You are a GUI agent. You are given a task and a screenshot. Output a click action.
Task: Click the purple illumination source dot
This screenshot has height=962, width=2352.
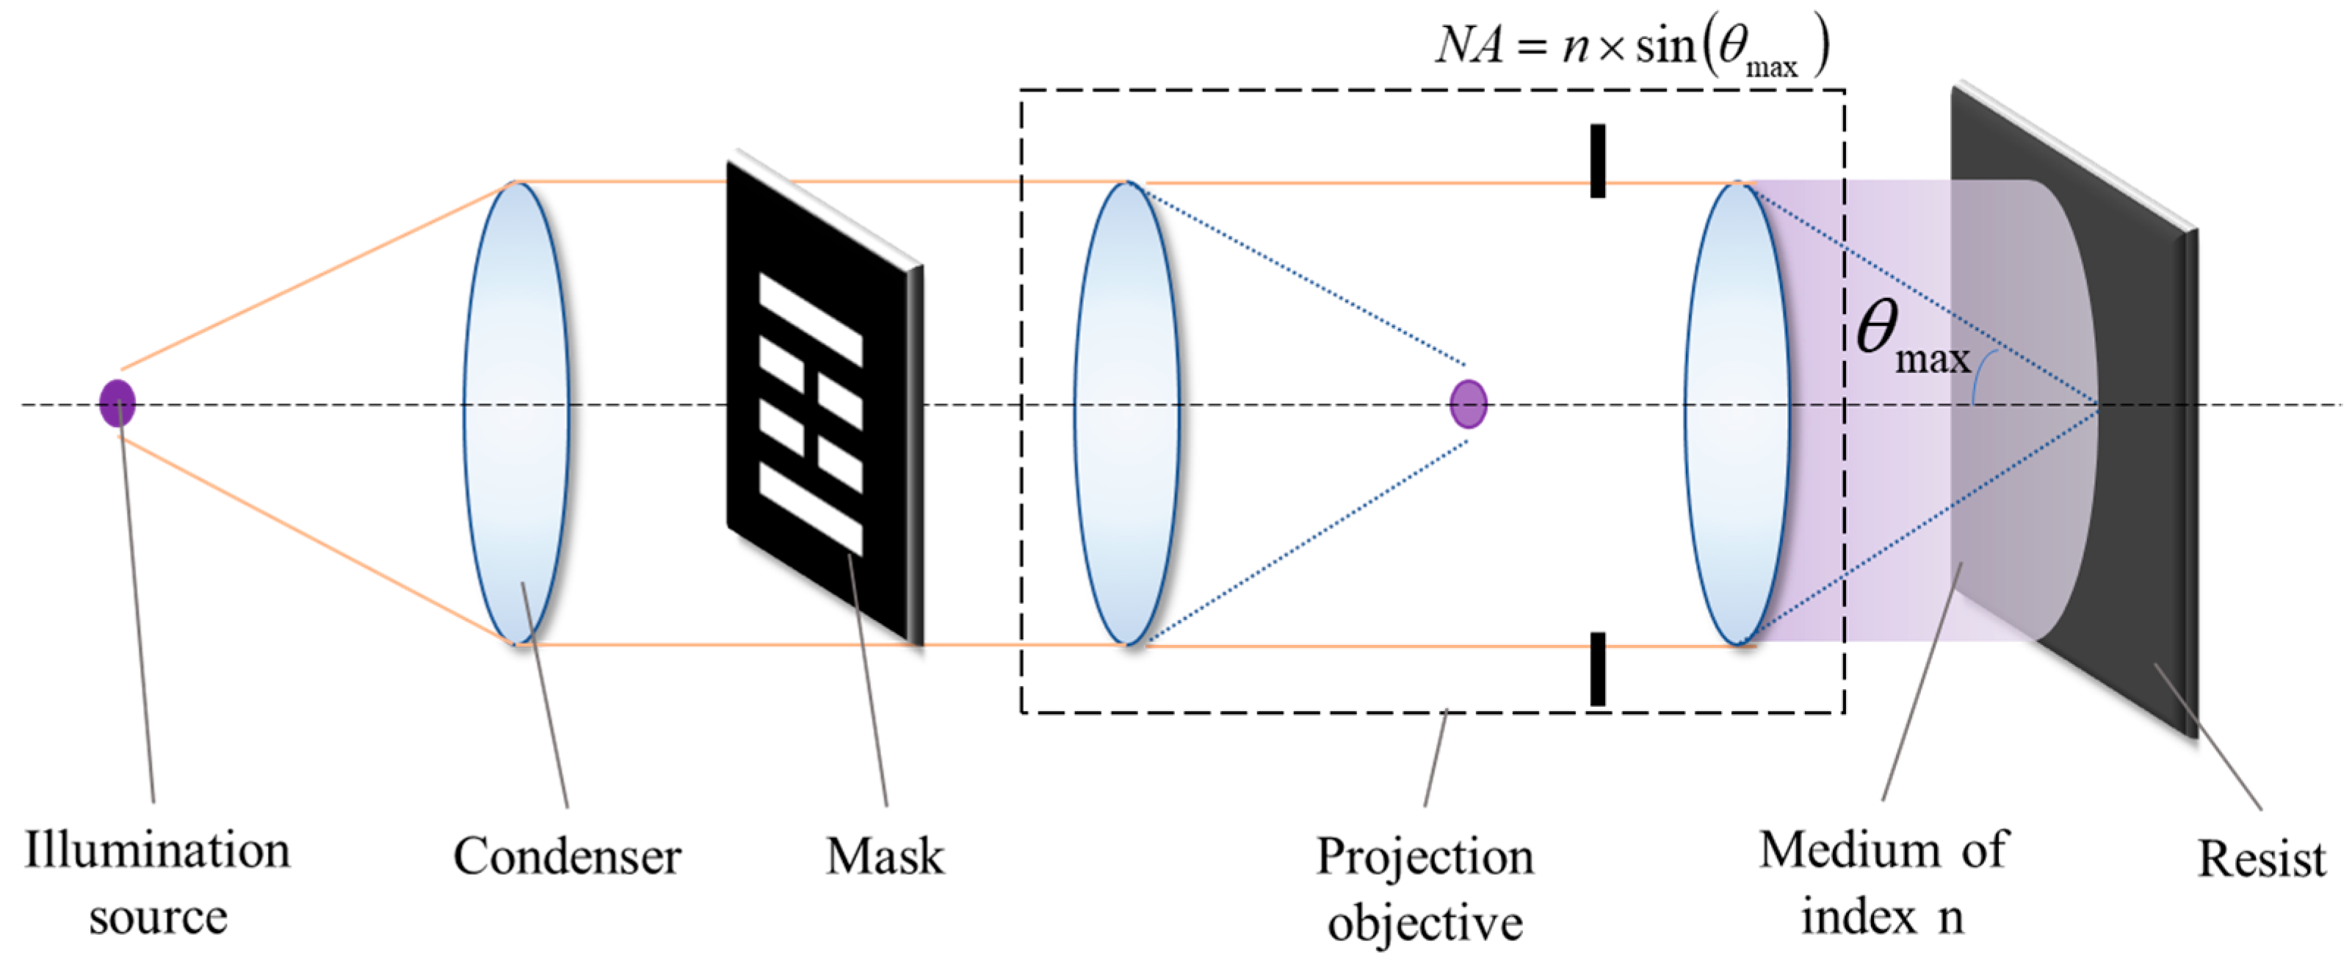117,404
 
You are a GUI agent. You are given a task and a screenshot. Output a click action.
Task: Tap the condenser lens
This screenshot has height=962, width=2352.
516,413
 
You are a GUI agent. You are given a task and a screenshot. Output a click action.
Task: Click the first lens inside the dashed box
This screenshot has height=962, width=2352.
1126,413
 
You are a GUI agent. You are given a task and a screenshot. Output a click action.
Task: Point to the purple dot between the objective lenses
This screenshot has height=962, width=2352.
1468,404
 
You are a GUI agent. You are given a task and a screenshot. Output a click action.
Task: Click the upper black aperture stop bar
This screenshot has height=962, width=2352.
1598,161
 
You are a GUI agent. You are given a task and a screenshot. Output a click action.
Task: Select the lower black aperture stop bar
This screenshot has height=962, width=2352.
1598,669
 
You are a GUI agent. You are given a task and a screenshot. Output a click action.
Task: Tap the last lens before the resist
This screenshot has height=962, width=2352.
1737,413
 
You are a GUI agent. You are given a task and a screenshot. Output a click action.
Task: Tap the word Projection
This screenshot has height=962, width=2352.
1425,859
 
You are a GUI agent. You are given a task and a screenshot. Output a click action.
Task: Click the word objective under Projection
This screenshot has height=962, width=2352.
1425,923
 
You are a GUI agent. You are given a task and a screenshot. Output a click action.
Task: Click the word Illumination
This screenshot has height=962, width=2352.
157,850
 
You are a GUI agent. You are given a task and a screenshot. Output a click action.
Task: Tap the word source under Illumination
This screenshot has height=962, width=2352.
158,917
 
